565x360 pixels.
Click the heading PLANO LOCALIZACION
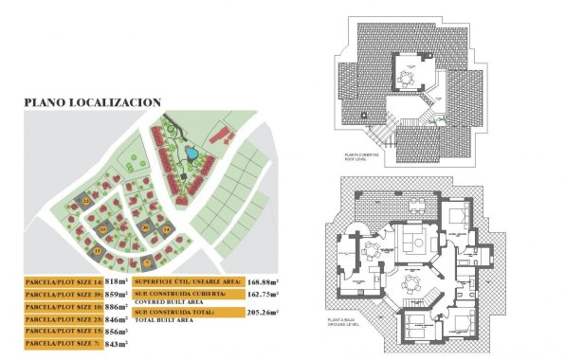[92, 101]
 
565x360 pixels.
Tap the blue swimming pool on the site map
[191, 152]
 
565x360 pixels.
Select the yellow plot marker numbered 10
[101, 230]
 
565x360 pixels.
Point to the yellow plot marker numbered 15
[98, 250]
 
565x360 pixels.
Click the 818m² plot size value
[117, 282]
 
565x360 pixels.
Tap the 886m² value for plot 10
[117, 307]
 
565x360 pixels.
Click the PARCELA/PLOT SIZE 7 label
[62, 344]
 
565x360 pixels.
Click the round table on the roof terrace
[410, 78]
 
